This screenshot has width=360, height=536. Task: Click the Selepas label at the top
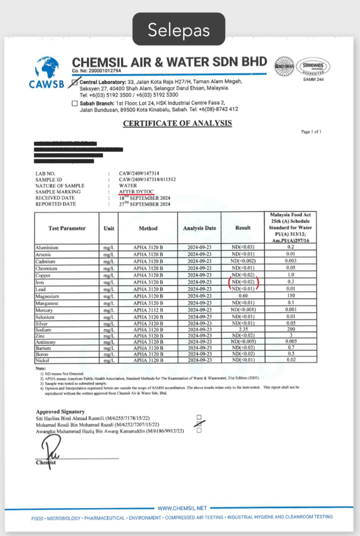[x=179, y=30]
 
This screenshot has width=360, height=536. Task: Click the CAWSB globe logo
[x=47, y=70]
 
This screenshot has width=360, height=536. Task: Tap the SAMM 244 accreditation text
[x=313, y=80]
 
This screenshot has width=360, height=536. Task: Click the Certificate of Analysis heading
[x=177, y=123]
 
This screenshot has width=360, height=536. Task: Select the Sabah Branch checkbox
[x=75, y=103]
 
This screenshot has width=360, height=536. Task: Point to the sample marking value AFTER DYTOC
[x=137, y=192]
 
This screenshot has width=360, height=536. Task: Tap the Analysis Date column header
[x=200, y=228]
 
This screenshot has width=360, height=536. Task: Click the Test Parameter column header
[x=67, y=228]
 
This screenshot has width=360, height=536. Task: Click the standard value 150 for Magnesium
[x=290, y=296]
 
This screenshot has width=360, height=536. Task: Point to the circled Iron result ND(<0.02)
[x=243, y=282]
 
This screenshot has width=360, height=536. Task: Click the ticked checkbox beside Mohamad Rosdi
[x=199, y=423]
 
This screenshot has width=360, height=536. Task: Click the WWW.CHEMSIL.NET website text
[x=182, y=508]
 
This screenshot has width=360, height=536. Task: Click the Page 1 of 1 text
[x=311, y=132]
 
